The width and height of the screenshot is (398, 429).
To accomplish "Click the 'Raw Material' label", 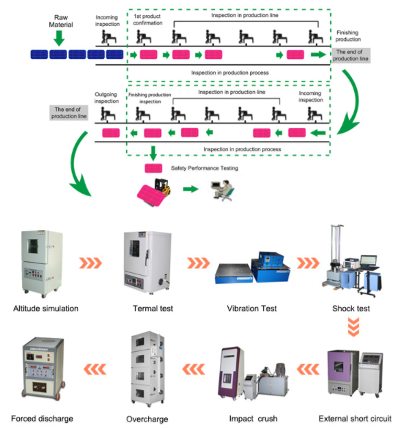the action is pyautogui.click(x=61, y=21).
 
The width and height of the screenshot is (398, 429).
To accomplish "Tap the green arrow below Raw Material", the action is pyautogui.click(x=59, y=38).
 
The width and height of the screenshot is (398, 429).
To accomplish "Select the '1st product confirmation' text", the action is pyautogui.click(x=147, y=20).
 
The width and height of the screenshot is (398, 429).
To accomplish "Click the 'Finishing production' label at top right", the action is pyautogui.click(x=348, y=36).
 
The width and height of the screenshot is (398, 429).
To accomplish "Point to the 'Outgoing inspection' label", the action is pyautogui.click(x=107, y=98).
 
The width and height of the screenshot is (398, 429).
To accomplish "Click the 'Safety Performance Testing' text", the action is pyautogui.click(x=204, y=168).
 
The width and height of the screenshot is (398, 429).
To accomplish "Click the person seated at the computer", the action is pyautogui.click(x=223, y=190).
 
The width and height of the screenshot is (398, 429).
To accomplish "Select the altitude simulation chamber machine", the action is pyautogui.click(x=41, y=263).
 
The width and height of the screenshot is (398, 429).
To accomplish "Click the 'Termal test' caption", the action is pyautogui.click(x=153, y=309).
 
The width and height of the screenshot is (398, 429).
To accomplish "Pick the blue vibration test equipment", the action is pyautogui.click(x=253, y=268).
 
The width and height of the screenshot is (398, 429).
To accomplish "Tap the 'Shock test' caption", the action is pyautogui.click(x=351, y=309).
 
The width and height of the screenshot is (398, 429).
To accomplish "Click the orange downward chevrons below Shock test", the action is pyautogui.click(x=353, y=326).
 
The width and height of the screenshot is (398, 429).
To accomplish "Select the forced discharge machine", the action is pyautogui.click(x=43, y=367).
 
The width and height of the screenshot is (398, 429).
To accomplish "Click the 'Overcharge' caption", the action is pyautogui.click(x=147, y=419).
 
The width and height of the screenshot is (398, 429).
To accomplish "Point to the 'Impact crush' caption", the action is pyautogui.click(x=253, y=419).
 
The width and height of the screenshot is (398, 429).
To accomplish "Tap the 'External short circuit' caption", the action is pyautogui.click(x=355, y=419).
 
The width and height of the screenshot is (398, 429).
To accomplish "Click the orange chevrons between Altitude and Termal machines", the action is pyautogui.click(x=90, y=263).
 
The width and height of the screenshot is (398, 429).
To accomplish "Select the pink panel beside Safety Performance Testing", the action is pyautogui.click(x=153, y=168).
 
